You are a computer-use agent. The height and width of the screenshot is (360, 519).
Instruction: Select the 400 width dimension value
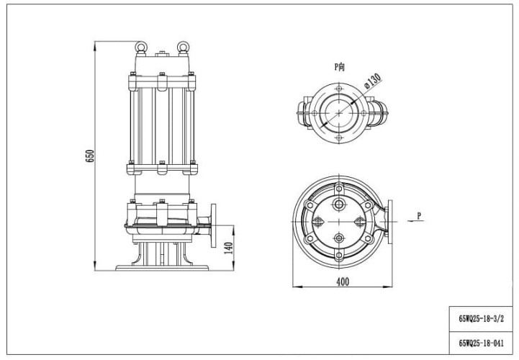click(x=343, y=282)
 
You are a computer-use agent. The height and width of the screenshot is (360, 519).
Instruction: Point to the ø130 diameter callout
click(x=373, y=81)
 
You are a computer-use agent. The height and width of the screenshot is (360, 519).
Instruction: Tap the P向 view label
click(x=340, y=67)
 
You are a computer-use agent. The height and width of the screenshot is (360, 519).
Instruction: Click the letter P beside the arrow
click(x=419, y=215)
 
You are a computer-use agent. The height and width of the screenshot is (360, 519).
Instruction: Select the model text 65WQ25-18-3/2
click(x=482, y=318)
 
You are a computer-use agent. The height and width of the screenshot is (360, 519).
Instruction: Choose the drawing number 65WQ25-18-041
click(x=482, y=343)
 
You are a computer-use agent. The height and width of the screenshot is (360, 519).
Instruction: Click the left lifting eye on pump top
click(x=141, y=48)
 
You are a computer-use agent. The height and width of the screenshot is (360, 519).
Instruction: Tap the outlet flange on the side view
click(x=213, y=225)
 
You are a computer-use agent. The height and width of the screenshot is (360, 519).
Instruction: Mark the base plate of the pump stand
click(x=162, y=268)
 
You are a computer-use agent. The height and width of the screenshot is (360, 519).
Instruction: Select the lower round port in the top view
click(x=338, y=238)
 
